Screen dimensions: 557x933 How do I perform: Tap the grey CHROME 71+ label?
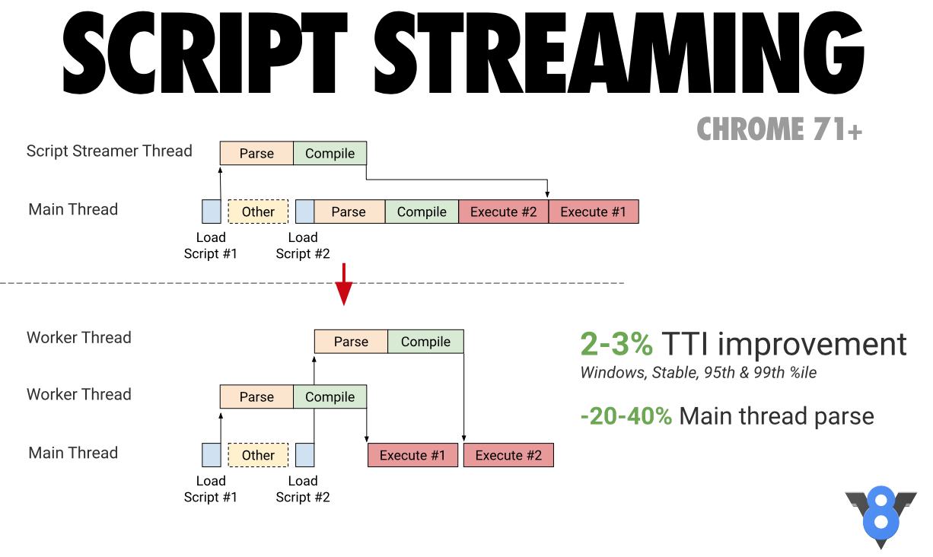click(779, 129)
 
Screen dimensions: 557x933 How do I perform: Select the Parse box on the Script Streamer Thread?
click(256, 154)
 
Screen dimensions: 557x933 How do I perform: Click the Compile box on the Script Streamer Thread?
click(330, 154)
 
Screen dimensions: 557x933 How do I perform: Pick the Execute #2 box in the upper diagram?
click(503, 212)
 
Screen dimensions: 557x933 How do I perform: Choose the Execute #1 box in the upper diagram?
click(594, 212)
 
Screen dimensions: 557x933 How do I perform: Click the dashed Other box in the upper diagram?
click(258, 212)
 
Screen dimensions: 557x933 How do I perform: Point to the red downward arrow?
click(344, 284)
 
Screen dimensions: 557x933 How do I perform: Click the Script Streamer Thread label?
click(109, 151)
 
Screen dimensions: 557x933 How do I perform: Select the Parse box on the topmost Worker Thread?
click(351, 342)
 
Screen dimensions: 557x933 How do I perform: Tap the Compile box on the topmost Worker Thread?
click(425, 342)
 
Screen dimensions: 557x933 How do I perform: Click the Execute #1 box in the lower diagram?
click(412, 455)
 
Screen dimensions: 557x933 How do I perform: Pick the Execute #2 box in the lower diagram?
click(508, 455)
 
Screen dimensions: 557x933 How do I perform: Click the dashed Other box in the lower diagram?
click(258, 455)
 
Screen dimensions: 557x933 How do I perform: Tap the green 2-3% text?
click(616, 345)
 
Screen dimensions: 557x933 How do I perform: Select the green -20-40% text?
click(626, 416)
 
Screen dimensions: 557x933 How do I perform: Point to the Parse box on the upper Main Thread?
click(349, 212)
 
